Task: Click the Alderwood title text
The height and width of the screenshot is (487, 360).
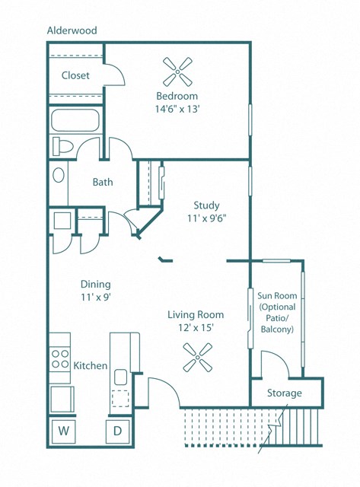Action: (72, 30)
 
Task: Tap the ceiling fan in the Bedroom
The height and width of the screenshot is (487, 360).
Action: (177, 72)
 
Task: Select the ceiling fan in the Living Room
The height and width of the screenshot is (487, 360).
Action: (198, 357)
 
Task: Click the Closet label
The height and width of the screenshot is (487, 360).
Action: (75, 75)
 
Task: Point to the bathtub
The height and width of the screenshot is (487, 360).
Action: (75, 120)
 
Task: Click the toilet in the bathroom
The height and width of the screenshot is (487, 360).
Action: (62, 146)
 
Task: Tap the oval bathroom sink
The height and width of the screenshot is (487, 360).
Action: (59, 175)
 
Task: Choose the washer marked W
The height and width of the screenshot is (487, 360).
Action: (64, 431)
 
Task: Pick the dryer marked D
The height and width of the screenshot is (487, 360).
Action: (117, 431)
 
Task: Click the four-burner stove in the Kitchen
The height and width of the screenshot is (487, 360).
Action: (60, 358)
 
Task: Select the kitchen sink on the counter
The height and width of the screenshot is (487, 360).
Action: (120, 377)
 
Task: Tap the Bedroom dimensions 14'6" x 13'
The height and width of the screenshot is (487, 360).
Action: (177, 109)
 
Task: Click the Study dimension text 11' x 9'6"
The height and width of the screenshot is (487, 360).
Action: (206, 218)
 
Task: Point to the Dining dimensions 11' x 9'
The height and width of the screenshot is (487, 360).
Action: (96, 298)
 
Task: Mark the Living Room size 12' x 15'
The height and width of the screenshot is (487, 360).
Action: (196, 328)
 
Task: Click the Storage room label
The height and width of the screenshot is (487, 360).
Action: (285, 393)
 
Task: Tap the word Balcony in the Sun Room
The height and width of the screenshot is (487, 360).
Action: (277, 329)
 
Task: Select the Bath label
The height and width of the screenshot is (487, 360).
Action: (103, 182)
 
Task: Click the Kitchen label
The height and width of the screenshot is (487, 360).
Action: (91, 365)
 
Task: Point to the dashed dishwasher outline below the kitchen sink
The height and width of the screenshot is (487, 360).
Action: (120, 398)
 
